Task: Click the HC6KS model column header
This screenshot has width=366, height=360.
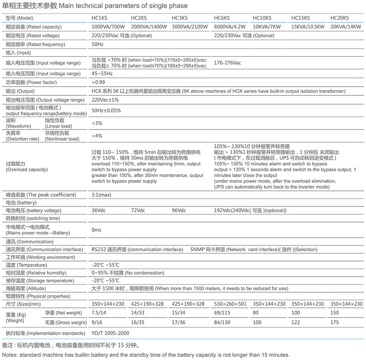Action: click(x=222, y=18)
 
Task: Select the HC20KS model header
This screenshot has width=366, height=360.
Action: click(x=339, y=18)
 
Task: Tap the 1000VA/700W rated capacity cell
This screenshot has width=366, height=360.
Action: click(x=108, y=27)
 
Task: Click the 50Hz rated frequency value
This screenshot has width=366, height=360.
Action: click(x=98, y=44)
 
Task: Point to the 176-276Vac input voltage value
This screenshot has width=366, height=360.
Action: click(x=228, y=63)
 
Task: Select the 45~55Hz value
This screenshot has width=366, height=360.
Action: click(x=102, y=74)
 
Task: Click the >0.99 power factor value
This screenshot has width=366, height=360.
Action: click(x=98, y=82)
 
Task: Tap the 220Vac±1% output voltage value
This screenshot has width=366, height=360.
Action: click(x=105, y=100)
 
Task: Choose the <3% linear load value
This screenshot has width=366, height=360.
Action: click(x=97, y=123)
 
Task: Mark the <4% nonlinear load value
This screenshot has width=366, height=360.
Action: click(x=97, y=136)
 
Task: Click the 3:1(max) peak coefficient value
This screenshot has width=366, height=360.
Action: click(x=101, y=195)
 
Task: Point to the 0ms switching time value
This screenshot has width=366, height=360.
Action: click(x=96, y=230)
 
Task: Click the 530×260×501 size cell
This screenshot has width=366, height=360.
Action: click(x=230, y=304)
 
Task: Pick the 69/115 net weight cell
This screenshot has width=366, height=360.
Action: click(x=222, y=313)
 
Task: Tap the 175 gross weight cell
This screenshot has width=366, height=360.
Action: click(x=334, y=322)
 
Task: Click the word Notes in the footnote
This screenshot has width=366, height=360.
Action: click(x=10, y=355)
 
